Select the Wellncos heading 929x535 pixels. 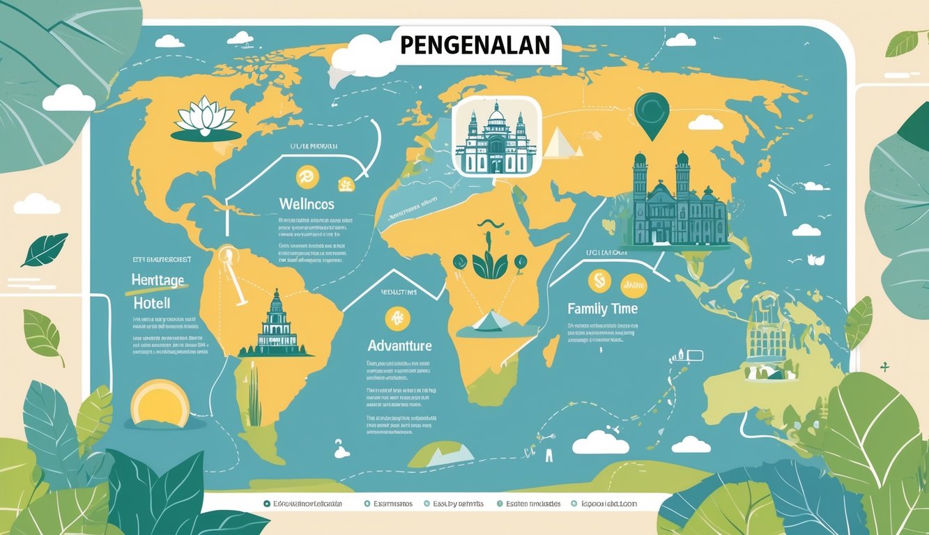(x=306, y=204)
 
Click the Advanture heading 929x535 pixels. (x=399, y=346)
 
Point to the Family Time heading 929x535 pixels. (x=602, y=308)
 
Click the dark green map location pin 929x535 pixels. (x=652, y=114)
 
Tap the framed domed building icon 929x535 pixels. (x=496, y=136)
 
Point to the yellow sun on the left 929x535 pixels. (x=160, y=403)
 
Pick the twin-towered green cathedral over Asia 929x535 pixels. (x=676, y=202)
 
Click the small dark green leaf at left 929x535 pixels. (x=45, y=249)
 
